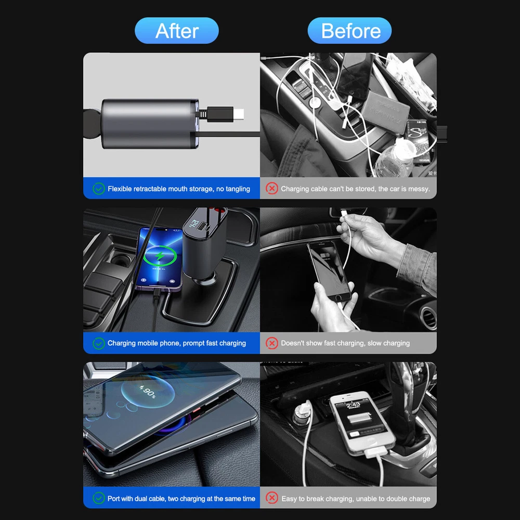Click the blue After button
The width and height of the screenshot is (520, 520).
[177, 31]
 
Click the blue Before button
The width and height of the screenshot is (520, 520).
[349, 31]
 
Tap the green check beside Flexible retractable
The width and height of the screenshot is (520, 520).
[98, 189]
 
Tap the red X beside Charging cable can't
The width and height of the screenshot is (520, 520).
[271, 189]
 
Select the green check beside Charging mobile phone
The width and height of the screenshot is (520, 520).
[98, 343]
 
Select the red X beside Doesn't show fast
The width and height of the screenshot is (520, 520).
[271, 343]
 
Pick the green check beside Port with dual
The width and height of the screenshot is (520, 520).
[98, 498]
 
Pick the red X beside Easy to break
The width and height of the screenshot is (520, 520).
[271, 498]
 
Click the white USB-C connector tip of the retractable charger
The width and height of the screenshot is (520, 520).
[239, 114]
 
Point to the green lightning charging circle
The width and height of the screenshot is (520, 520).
[160, 256]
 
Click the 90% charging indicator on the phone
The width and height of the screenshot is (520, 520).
[148, 392]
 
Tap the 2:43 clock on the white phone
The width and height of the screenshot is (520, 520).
[353, 405]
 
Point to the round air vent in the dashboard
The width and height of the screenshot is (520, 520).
[428, 318]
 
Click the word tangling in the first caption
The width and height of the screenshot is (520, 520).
[238, 189]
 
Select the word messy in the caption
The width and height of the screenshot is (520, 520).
[420, 189]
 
